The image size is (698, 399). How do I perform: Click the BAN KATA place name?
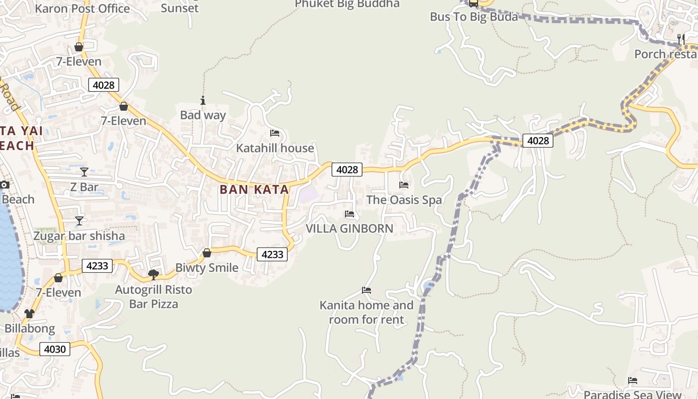[254, 190]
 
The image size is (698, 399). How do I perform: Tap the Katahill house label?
[275, 148]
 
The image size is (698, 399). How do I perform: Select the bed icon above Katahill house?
[275, 133]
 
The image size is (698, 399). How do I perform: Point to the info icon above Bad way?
[203, 100]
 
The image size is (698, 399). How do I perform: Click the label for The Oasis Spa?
[404, 200]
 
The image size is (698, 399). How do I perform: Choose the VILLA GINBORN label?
[349, 228]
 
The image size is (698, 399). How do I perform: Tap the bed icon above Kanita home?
[366, 290]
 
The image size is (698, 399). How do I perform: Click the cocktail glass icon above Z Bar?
[84, 172]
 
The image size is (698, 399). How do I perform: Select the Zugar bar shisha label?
[79, 236]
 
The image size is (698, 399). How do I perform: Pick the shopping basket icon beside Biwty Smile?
[206, 253]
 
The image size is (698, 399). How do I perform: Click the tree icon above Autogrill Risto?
[154, 274]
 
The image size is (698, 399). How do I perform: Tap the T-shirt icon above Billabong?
[29, 314]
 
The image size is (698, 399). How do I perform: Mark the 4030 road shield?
[55, 349]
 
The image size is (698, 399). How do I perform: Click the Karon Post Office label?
[83, 8]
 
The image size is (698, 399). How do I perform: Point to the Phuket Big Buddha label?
[347, 4]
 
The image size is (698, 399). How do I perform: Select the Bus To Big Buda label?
[474, 17]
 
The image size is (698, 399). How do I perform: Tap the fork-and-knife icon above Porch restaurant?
[680, 39]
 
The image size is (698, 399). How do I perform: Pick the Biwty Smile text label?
[206, 268]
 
